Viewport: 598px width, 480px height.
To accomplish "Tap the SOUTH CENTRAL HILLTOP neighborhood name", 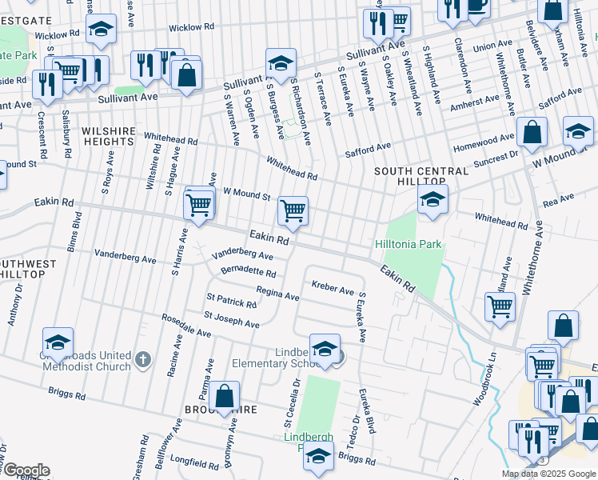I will click(x=421, y=177).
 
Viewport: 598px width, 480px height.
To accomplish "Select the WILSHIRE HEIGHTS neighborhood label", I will click(x=106, y=135).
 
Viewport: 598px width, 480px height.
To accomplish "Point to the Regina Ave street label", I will click(x=277, y=294).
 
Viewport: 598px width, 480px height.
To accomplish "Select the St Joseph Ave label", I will click(x=232, y=320).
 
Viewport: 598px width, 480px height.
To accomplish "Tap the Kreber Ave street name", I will click(x=333, y=287).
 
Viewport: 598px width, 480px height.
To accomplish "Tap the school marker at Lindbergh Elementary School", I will click(x=325, y=348).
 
